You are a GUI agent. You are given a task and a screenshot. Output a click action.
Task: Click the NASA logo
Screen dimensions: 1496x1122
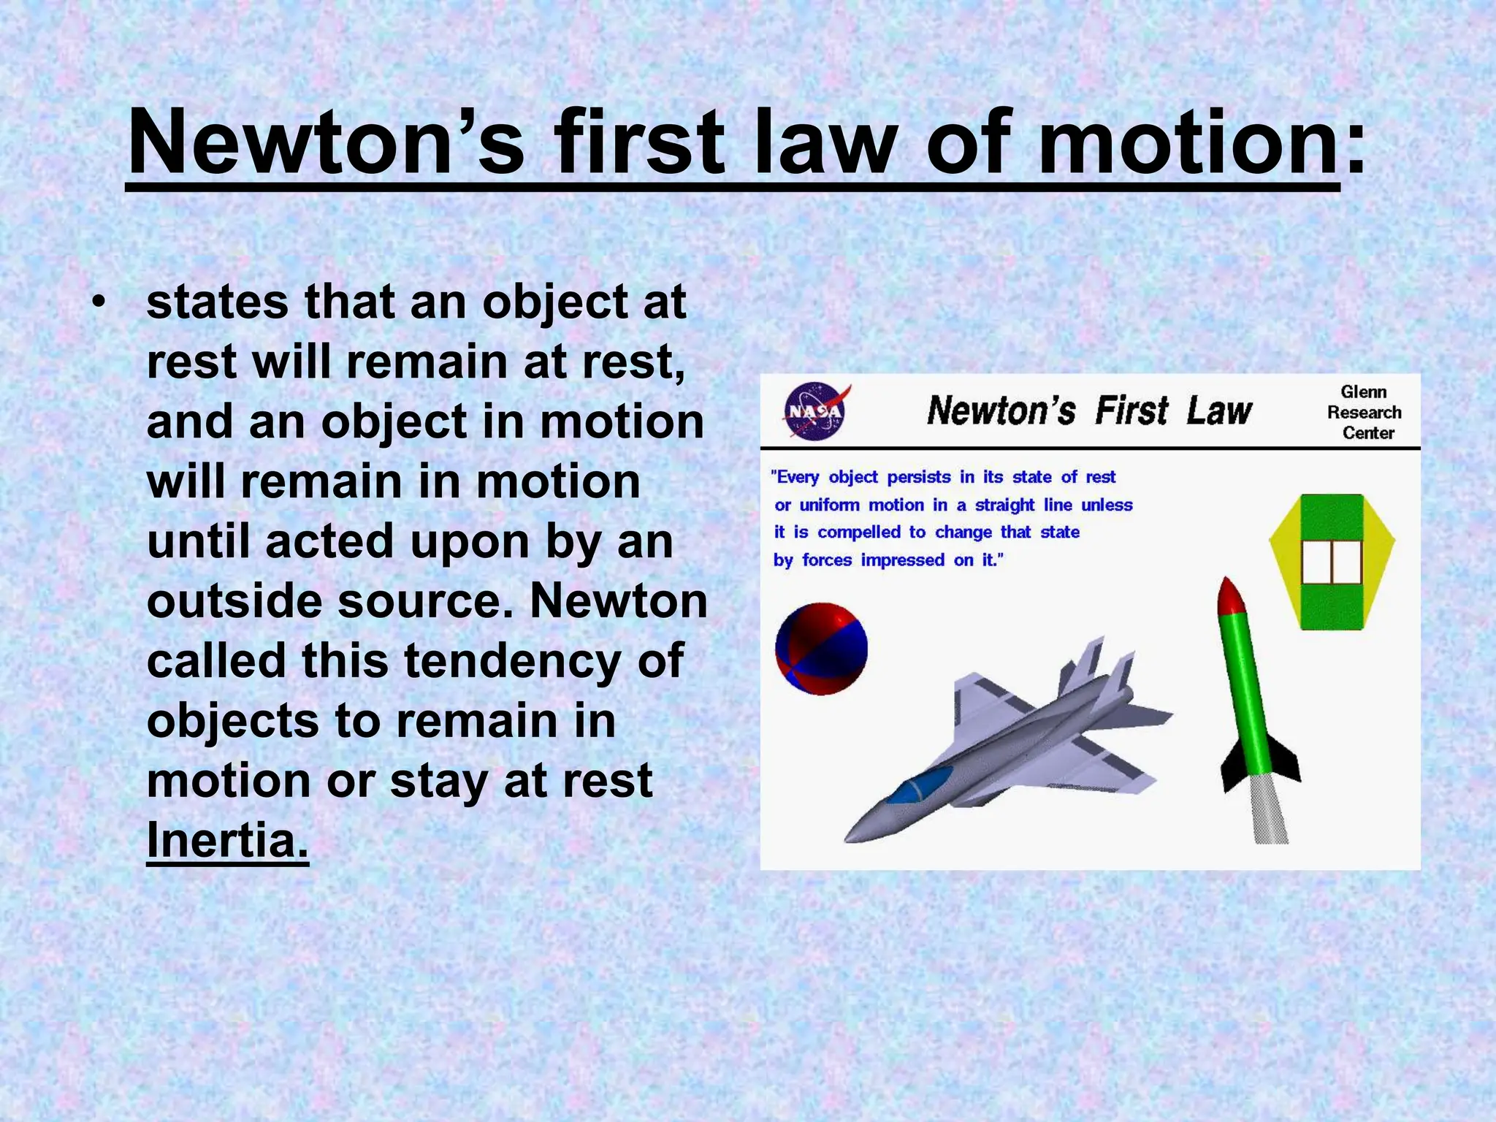816,411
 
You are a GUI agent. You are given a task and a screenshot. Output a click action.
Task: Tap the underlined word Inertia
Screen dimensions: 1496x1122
227,840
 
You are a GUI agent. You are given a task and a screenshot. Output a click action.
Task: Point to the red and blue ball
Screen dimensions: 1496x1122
821,649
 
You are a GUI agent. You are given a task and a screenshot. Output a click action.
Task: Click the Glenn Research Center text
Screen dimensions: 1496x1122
1364,413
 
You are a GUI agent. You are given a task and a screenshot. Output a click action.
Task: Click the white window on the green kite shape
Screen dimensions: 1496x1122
1332,562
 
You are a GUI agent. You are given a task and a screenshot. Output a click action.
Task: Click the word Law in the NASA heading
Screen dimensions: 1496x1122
1219,411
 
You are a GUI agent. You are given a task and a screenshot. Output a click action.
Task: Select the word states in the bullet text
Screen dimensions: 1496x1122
218,302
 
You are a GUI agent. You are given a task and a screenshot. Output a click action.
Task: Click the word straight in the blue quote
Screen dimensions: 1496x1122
1004,505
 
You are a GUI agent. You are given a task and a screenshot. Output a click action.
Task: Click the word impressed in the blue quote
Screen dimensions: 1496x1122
903,560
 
